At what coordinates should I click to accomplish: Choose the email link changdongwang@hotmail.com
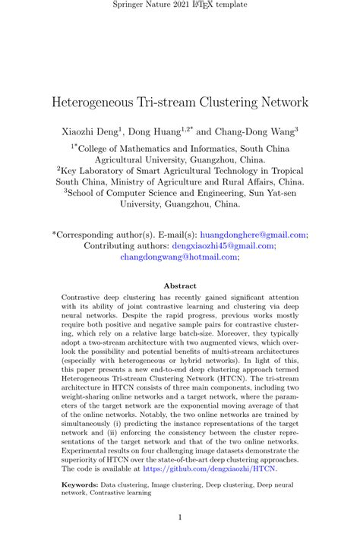coord(179,257)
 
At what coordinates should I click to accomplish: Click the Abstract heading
coord(179,286)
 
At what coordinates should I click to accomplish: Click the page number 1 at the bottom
coord(180,518)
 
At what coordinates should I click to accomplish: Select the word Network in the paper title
coord(282,101)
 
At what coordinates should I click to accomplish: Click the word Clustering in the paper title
coord(223,101)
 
